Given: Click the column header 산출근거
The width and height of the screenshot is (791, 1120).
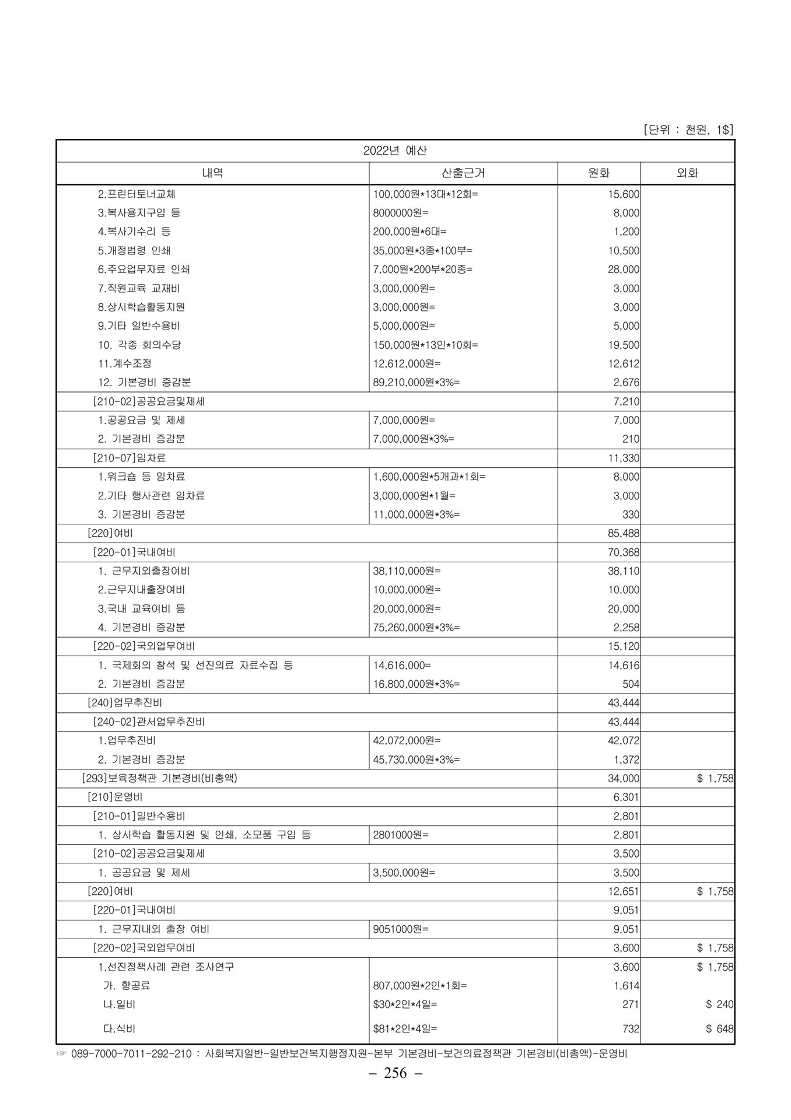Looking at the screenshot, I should pyautogui.click(x=463, y=173).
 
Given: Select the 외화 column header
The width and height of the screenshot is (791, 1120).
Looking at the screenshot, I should pyautogui.click(x=687, y=173).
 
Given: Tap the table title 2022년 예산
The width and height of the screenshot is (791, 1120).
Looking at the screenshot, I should pyautogui.click(x=395, y=150).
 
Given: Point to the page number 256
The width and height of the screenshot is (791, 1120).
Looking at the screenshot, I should pyautogui.click(x=395, y=1089).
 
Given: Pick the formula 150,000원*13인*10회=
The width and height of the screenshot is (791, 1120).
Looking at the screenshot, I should pyautogui.click(x=425, y=345).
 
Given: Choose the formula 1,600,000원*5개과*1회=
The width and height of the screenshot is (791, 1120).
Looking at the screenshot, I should pyautogui.click(x=429, y=477).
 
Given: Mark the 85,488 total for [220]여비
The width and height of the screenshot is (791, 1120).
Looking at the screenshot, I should pyautogui.click(x=624, y=533).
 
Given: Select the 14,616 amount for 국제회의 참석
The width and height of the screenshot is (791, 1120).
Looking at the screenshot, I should pyautogui.click(x=624, y=665).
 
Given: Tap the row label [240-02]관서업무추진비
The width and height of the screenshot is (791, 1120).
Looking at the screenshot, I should pyautogui.click(x=149, y=722).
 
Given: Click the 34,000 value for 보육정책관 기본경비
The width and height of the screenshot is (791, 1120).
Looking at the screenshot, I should pyautogui.click(x=624, y=778).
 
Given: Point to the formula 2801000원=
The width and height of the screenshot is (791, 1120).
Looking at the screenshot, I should pyautogui.click(x=401, y=835).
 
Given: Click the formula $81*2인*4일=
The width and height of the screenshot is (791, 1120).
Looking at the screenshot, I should pyautogui.click(x=405, y=1029).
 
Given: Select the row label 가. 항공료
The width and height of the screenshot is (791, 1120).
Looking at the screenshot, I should pyautogui.click(x=127, y=986).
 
